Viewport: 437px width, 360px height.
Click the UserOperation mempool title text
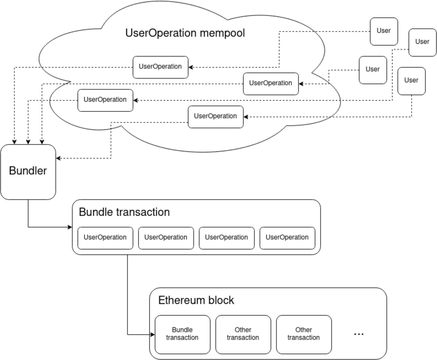click(185, 33)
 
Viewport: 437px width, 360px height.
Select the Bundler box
click(28, 172)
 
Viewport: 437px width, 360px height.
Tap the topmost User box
click(384, 31)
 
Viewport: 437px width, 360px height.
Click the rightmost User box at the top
click(422, 42)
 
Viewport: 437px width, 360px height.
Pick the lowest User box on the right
click(411, 81)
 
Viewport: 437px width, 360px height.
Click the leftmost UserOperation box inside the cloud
click(105, 100)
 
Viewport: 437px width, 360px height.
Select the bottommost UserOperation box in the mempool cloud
click(215, 117)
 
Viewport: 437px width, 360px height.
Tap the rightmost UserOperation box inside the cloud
click(271, 84)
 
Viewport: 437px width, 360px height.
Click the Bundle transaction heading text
click(124, 212)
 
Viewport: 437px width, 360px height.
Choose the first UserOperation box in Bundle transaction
click(105, 238)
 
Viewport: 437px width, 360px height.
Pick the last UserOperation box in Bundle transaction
click(287, 238)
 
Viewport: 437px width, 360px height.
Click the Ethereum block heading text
click(196, 300)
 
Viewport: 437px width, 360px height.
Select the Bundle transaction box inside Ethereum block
click(182, 334)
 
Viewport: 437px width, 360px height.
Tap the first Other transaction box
click(243, 334)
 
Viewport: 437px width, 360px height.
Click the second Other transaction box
click(304, 334)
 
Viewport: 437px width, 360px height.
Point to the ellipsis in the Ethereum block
click(359, 334)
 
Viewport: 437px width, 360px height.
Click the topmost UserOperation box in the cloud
click(160, 67)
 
